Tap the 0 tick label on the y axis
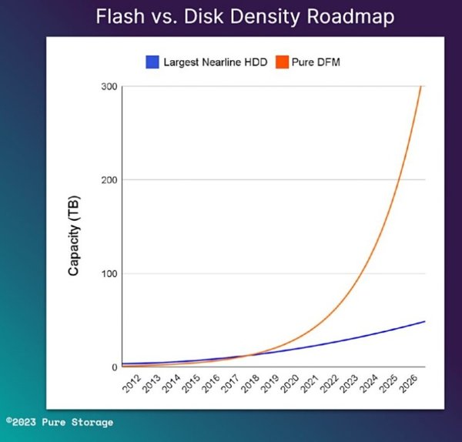pos(113,367)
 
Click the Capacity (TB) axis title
pos(75,236)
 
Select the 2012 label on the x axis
pos(132,383)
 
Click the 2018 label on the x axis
pos(249,383)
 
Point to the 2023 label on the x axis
pos(347,383)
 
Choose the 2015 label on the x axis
pos(190,383)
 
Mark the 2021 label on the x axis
pos(308,383)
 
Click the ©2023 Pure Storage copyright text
pos(59,422)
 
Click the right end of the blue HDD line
pos(424,321)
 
